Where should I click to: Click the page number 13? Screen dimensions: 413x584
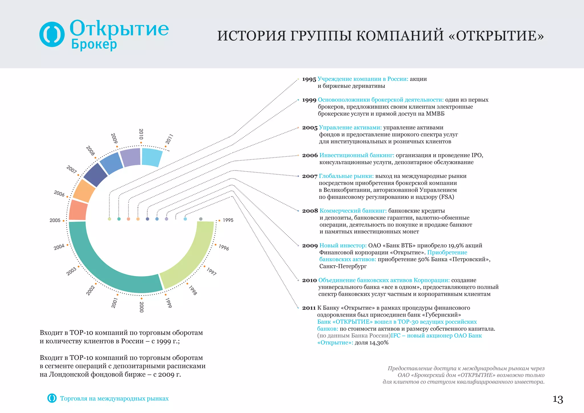pyautogui.click(x=558, y=399)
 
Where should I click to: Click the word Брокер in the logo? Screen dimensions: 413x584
pyautogui.click(x=94, y=44)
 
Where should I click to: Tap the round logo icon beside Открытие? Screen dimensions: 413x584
pyautogui.click(x=52, y=34)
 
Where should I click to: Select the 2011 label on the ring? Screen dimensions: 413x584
pyautogui.click(x=169, y=139)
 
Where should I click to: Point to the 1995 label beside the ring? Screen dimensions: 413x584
pyautogui.click(x=228, y=220)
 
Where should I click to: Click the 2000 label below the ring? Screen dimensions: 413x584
pyautogui.click(x=141, y=307)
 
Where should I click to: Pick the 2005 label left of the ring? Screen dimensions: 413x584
pyautogui.click(x=55, y=220)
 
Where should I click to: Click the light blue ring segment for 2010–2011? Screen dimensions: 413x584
pyautogui.click(x=152, y=157)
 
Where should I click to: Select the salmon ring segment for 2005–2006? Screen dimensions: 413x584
pyautogui.click(x=78, y=210)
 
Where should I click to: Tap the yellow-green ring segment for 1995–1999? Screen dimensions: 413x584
pyautogui.click(x=194, y=257)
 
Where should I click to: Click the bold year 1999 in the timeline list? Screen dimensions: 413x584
pyautogui.click(x=309, y=100)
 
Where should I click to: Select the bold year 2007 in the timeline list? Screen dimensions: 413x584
pyautogui.click(x=310, y=177)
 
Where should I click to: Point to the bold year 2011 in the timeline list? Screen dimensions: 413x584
pyautogui.click(x=309, y=308)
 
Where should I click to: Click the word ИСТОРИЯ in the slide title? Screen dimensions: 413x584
pyautogui.click(x=252, y=36)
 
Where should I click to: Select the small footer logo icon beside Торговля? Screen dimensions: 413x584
pyautogui.click(x=52, y=398)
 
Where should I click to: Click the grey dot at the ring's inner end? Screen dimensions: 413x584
pyautogui.click(x=201, y=219)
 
